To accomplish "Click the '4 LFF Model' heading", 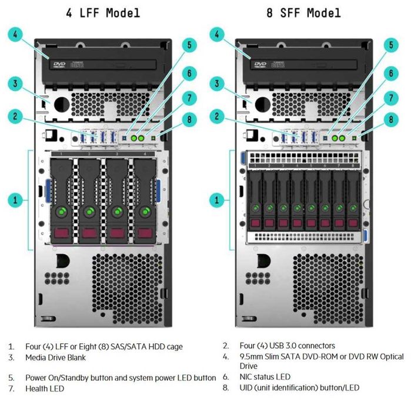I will coord(102,12).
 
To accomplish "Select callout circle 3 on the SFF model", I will coord(217,83).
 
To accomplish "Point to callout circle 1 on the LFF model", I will coord(16,200).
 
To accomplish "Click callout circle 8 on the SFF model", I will coord(390,119).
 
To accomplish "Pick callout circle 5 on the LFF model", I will coord(189,44).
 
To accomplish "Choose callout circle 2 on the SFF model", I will coord(217,116).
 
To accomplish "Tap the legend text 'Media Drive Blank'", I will coord(55,357).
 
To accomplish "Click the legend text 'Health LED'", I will coord(45,388).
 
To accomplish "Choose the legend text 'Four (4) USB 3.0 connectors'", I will coord(287,346).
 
